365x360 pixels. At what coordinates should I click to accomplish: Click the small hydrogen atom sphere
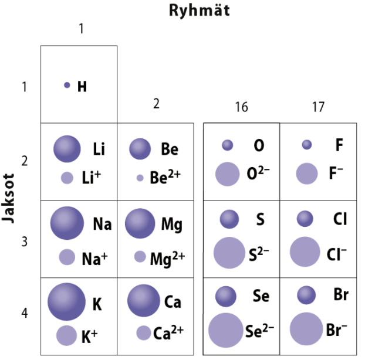[67, 85]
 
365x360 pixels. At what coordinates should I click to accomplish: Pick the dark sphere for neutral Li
[67, 149]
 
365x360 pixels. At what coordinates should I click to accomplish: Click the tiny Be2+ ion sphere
[140, 178]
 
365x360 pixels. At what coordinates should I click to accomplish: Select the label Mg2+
[167, 257]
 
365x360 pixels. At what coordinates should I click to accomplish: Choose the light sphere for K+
[67, 335]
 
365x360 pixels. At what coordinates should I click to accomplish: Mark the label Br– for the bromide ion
[337, 330]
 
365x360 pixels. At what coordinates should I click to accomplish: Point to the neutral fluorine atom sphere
[306, 144]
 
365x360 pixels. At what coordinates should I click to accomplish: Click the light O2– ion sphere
[227, 174]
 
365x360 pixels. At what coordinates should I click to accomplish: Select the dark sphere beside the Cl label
[305, 219]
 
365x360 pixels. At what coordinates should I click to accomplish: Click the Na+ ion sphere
[67, 257]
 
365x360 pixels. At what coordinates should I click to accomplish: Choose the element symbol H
[82, 87]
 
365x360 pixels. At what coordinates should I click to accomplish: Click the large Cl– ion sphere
[305, 252]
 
